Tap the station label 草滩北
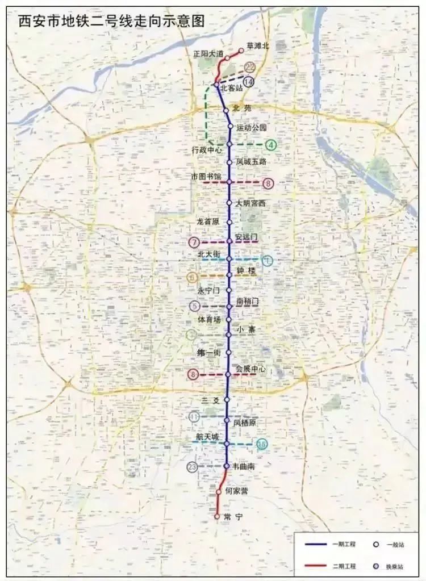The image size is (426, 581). tap(258, 45)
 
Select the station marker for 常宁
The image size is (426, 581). tap(217, 517)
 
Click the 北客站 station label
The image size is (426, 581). tap(232, 89)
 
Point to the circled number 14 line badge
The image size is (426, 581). tap(248, 82)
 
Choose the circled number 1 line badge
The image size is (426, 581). tap(267, 261)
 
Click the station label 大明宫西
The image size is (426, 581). tap(250, 203)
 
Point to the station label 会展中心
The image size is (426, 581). tap(250, 369)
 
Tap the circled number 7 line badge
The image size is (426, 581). tap(194, 243)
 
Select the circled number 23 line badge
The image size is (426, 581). tap(193, 467)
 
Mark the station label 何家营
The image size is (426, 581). tap(236, 490)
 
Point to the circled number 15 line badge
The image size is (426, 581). tap(262, 445)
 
